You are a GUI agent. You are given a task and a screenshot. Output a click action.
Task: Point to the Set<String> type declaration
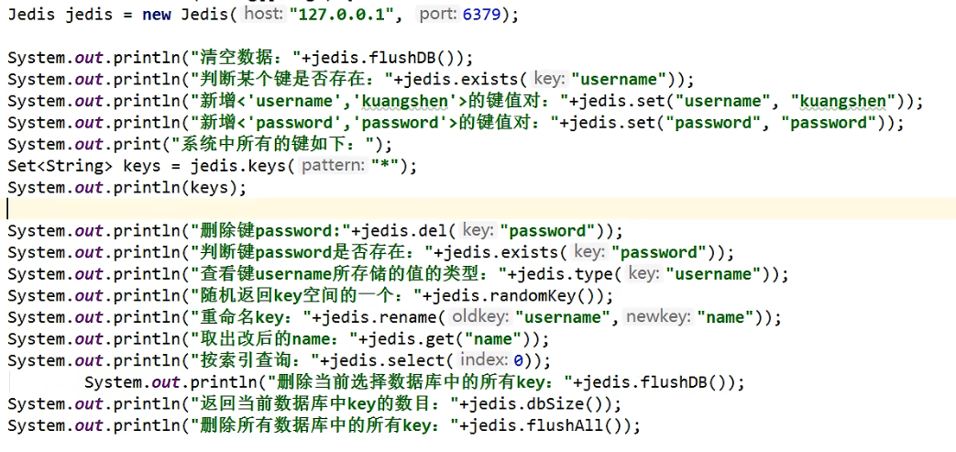(x=60, y=166)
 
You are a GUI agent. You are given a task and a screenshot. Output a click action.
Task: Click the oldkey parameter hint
(x=479, y=317)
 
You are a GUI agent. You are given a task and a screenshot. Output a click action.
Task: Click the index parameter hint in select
(x=484, y=360)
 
